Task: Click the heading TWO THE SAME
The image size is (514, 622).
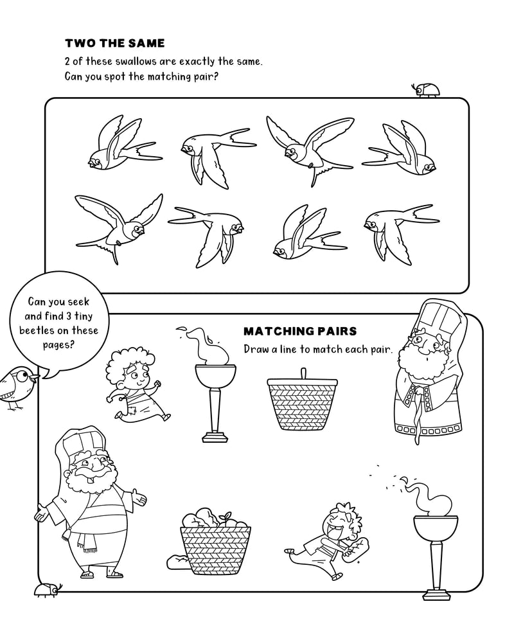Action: (x=115, y=44)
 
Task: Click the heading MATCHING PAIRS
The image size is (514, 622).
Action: (x=300, y=332)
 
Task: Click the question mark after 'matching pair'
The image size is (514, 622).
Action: (x=218, y=78)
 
